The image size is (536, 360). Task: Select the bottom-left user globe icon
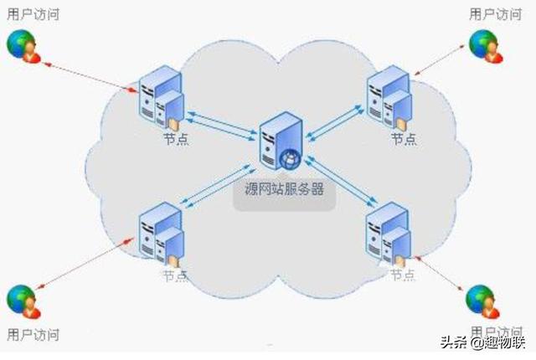pyautogui.click(x=23, y=301)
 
